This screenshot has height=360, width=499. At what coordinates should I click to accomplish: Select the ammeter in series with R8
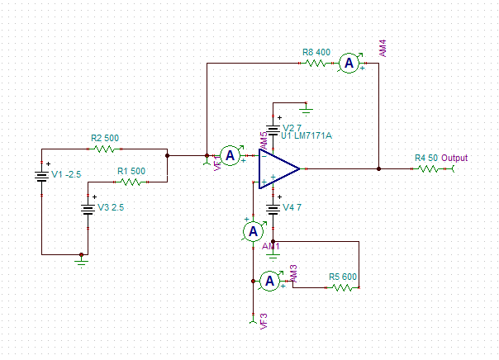coord(349,63)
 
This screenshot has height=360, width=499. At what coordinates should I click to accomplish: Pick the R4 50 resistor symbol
coord(426,168)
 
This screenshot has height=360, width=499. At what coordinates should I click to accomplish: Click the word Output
coord(454,158)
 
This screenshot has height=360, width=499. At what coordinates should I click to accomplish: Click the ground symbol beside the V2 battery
coord(306,107)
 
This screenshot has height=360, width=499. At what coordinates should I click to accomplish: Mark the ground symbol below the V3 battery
coord(80,260)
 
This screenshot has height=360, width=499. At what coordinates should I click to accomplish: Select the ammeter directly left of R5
coord(269,282)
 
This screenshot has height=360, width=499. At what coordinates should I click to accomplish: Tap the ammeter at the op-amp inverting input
coord(231,154)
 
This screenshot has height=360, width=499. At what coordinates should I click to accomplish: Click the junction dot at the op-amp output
coord(379,168)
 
